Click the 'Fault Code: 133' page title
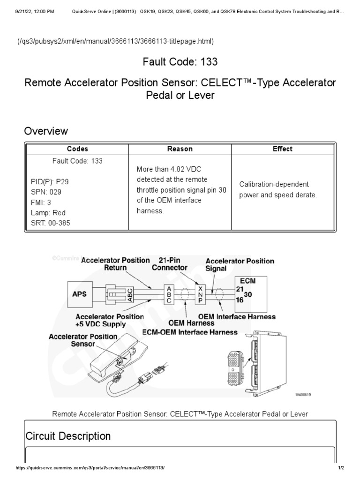(x=180, y=61)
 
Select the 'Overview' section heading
(x=46, y=131)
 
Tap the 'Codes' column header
(x=77, y=149)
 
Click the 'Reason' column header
(x=180, y=149)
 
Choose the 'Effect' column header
(x=282, y=149)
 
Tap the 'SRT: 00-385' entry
(x=47, y=223)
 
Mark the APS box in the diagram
(x=80, y=293)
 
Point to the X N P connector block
(x=201, y=294)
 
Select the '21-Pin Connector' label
(x=169, y=264)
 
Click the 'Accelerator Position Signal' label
(x=240, y=265)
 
